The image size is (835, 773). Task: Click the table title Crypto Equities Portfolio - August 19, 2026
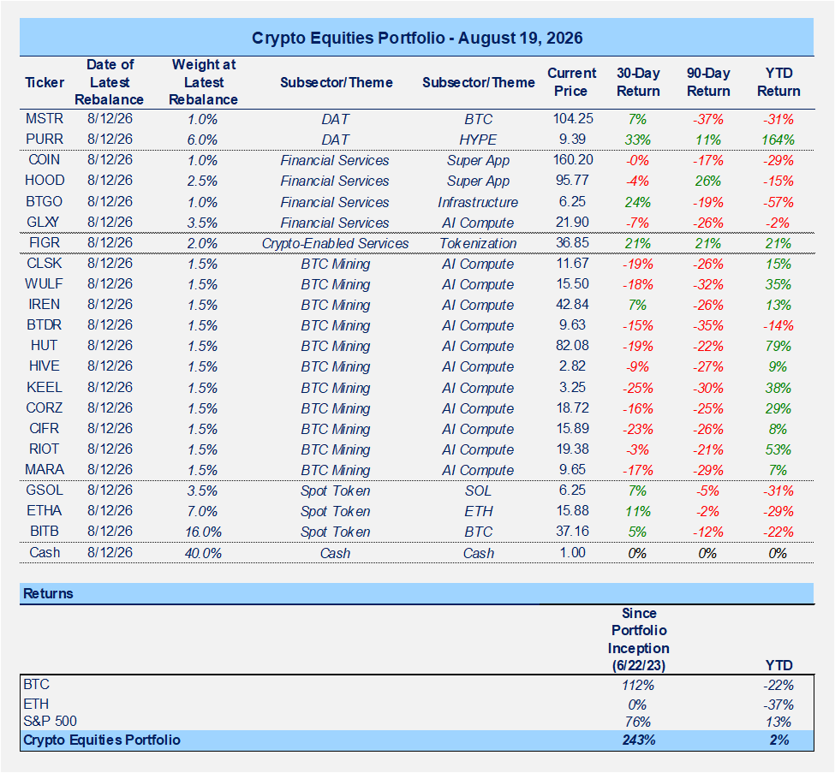click(x=417, y=38)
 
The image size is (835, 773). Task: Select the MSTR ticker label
click(x=45, y=118)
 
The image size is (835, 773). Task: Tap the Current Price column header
click(x=571, y=82)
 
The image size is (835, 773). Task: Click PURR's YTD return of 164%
click(x=778, y=140)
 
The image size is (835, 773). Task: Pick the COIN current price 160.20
click(x=572, y=160)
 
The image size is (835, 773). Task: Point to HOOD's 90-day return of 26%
click(x=707, y=181)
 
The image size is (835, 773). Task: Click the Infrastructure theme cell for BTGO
click(x=478, y=202)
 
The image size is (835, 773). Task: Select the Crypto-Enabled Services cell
click(x=335, y=243)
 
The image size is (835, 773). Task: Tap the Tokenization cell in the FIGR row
click(x=478, y=243)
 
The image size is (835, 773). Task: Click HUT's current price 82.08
click(x=572, y=346)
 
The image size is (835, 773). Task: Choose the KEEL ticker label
click(x=45, y=387)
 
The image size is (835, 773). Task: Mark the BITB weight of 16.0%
click(x=203, y=532)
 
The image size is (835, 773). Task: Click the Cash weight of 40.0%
click(x=203, y=553)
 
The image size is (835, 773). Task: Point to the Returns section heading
click(x=48, y=593)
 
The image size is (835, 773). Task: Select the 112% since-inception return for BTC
click(x=638, y=685)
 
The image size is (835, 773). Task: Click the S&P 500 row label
click(x=50, y=722)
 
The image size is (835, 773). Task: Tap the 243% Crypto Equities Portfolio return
click(x=639, y=740)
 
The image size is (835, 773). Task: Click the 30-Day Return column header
click(x=638, y=82)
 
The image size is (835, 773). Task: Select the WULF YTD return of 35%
click(x=778, y=284)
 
